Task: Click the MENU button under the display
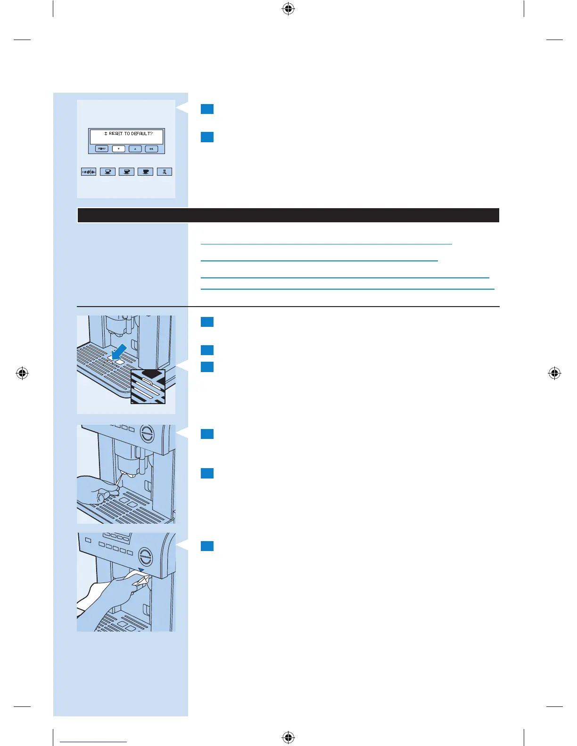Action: (102, 149)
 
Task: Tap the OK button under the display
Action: (151, 149)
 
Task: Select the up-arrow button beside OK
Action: (135, 149)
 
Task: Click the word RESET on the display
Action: (115, 134)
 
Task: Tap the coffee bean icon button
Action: (89, 172)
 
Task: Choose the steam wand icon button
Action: (165, 172)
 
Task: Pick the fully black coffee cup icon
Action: (146, 172)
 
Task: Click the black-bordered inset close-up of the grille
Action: (148, 387)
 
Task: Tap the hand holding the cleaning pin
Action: (97, 490)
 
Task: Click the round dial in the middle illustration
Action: (147, 434)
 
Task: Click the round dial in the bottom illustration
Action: (146, 558)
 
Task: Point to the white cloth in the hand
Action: (141, 579)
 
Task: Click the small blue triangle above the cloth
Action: (141, 570)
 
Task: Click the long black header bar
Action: (288, 215)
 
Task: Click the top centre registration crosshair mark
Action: (288, 8)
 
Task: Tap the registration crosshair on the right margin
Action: (555, 373)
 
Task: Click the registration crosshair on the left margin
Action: (22, 373)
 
